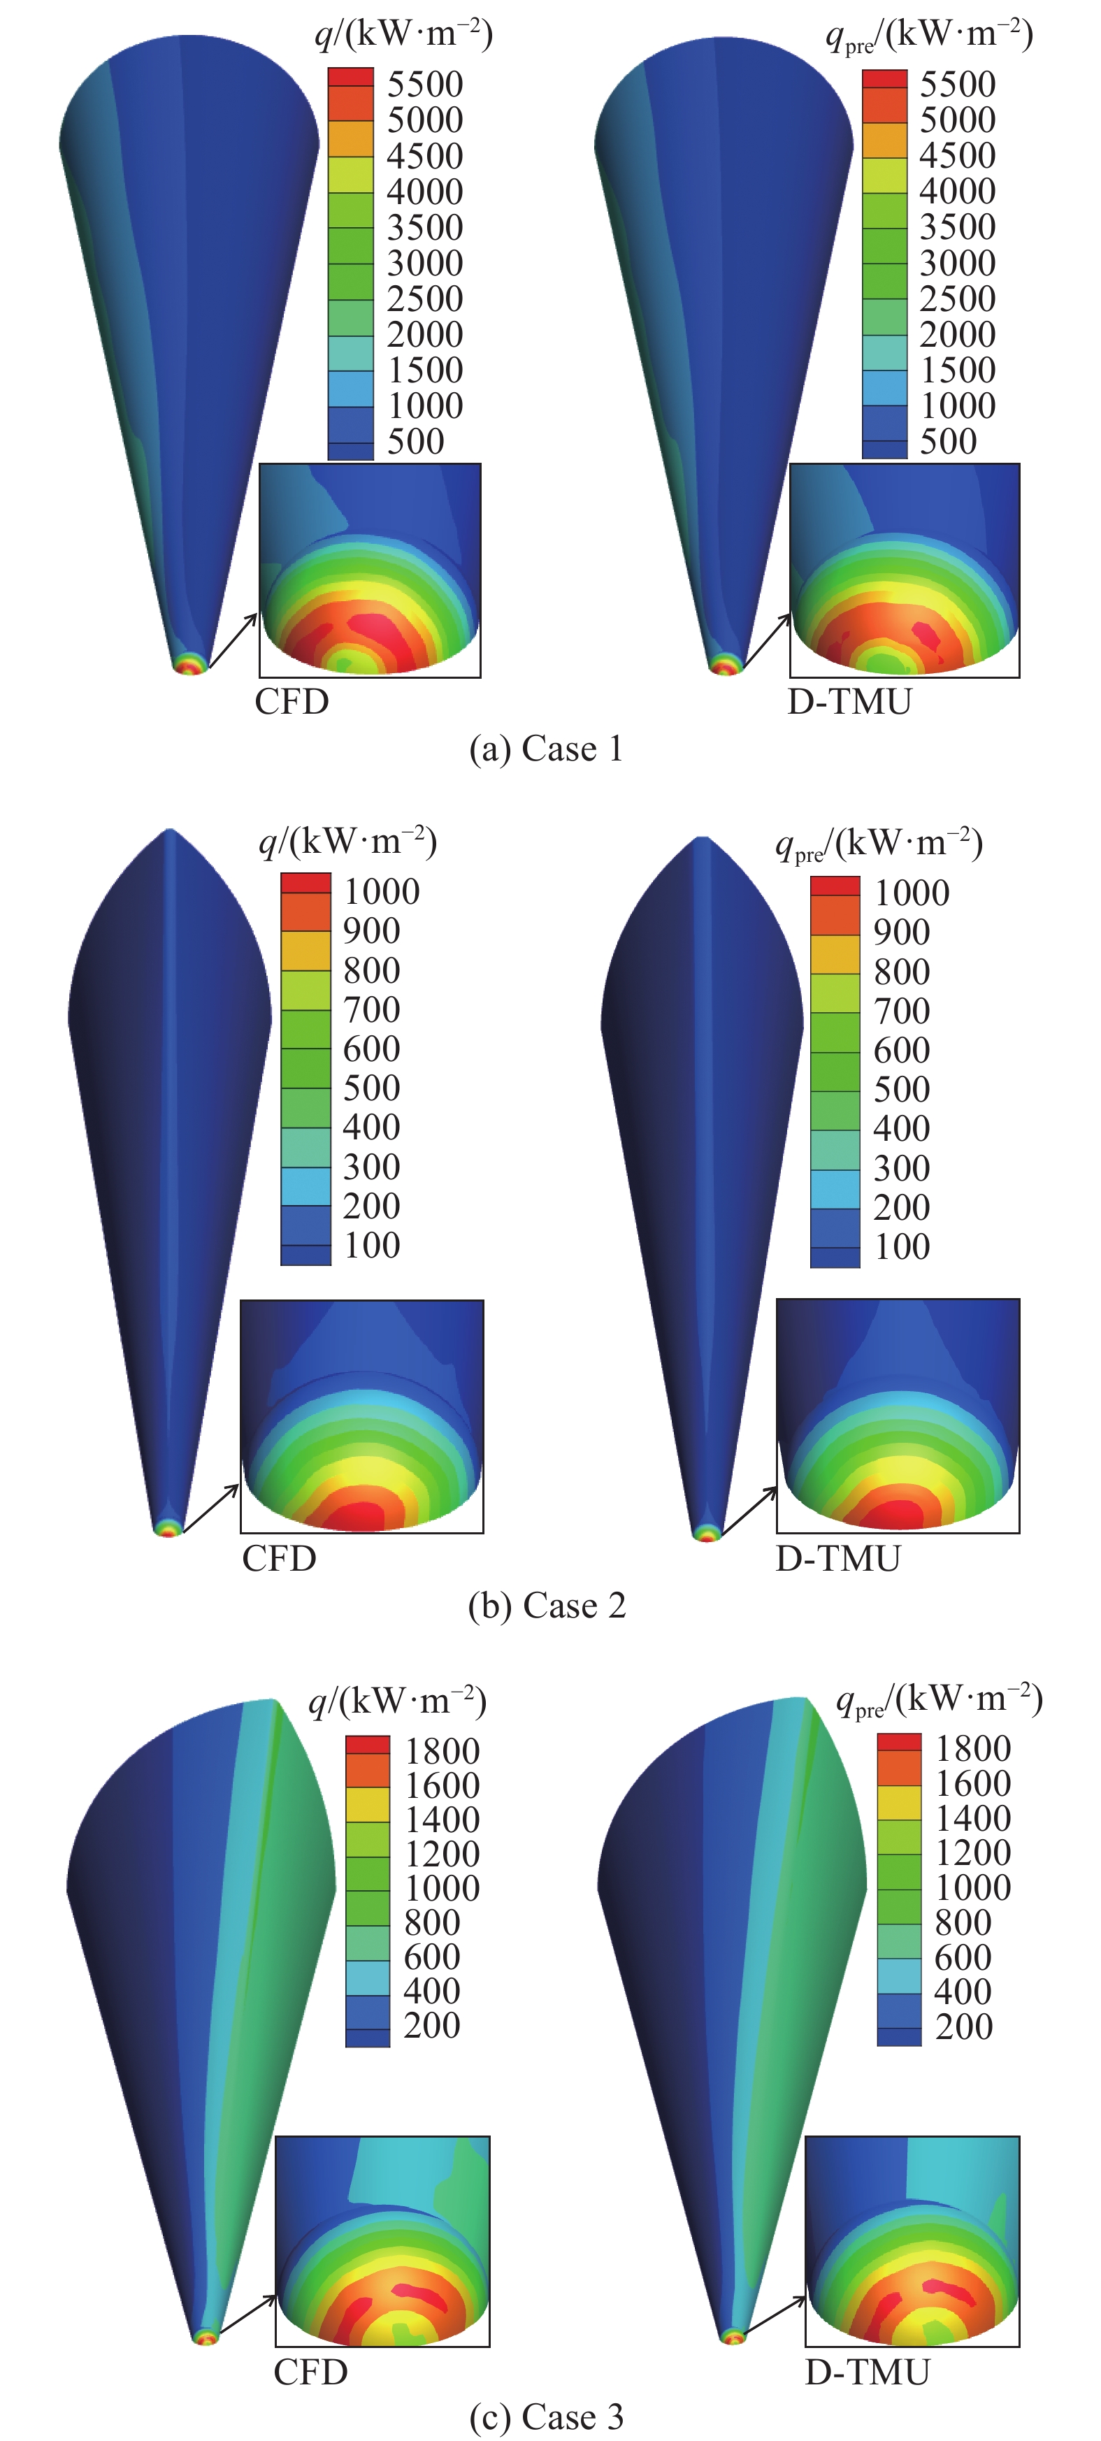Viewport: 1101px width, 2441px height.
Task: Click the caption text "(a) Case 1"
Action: tap(546, 749)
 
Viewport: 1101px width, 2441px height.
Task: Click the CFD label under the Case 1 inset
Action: tap(292, 702)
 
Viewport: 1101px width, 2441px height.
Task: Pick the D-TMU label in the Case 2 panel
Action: tap(837, 1559)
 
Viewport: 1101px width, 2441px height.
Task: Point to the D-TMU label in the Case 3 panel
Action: tap(867, 2372)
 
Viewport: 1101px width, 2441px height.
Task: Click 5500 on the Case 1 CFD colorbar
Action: tap(424, 85)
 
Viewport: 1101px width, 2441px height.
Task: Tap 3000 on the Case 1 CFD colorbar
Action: tap(424, 262)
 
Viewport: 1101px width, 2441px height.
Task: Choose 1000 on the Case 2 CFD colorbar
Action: tap(381, 892)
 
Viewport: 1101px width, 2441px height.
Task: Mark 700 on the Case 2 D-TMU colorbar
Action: tap(901, 1011)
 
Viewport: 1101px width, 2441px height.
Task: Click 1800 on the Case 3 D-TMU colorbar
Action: tap(973, 1748)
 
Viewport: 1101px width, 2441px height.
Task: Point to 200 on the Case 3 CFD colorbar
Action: tap(431, 2025)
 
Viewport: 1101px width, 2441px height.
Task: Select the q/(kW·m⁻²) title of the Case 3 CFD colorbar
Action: tap(397, 1702)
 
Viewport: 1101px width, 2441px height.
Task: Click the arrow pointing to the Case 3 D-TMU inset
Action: tap(773, 2316)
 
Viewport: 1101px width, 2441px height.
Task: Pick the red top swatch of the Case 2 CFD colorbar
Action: tap(306, 883)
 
